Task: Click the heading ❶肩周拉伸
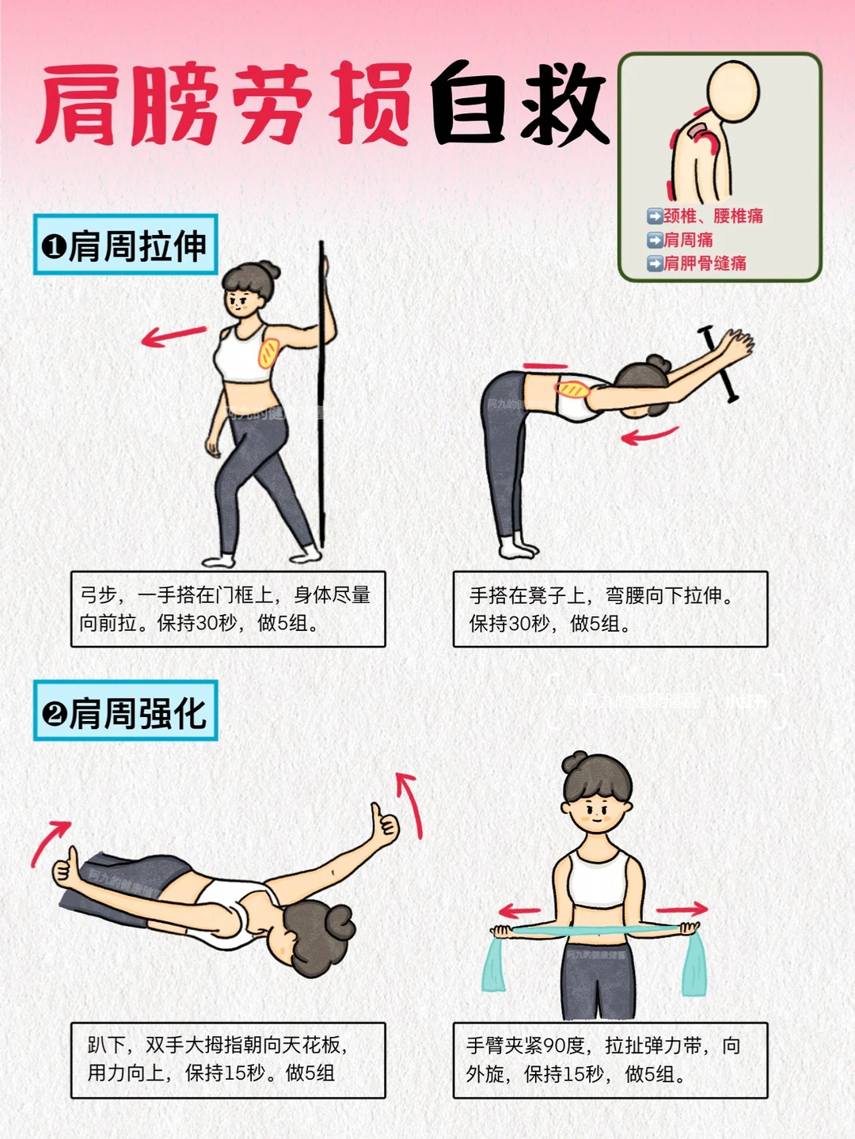click(x=125, y=245)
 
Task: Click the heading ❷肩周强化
click(x=125, y=711)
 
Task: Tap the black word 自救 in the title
click(x=519, y=104)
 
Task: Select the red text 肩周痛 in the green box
click(x=688, y=240)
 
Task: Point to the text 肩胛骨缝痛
click(x=705, y=264)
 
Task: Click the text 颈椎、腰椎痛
click(x=712, y=216)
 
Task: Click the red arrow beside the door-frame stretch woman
click(x=174, y=336)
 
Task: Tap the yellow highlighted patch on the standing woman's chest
click(x=268, y=353)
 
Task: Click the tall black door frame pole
click(x=321, y=394)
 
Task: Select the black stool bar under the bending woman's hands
click(x=719, y=364)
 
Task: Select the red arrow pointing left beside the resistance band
click(x=519, y=911)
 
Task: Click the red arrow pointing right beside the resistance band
click(x=682, y=909)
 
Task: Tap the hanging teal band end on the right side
click(x=693, y=964)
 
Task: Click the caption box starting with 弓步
click(x=228, y=609)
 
